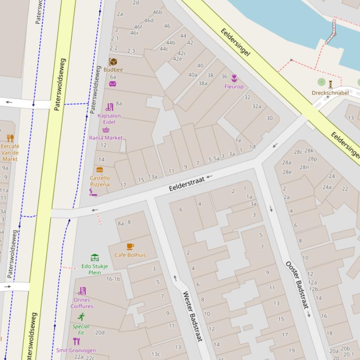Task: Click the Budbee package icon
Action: point(113,62)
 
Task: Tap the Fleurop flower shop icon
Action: point(234,78)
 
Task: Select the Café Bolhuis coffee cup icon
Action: point(130,246)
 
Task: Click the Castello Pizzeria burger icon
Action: point(99,170)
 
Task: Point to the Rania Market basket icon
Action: point(106,130)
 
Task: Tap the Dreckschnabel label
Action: point(330,93)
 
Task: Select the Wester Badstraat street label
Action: point(192,316)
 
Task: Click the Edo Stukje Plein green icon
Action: point(95,258)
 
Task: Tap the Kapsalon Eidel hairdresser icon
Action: point(110,107)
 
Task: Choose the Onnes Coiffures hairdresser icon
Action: point(82,291)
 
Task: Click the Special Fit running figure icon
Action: point(81,317)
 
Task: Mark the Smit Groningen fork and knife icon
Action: point(76,341)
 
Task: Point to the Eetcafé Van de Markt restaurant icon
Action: point(10,138)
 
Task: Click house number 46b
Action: point(157,12)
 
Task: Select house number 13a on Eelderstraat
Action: point(153,177)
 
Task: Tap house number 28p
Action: point(312,159)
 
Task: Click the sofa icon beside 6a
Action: point(112,84)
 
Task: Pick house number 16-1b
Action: point(113,279)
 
